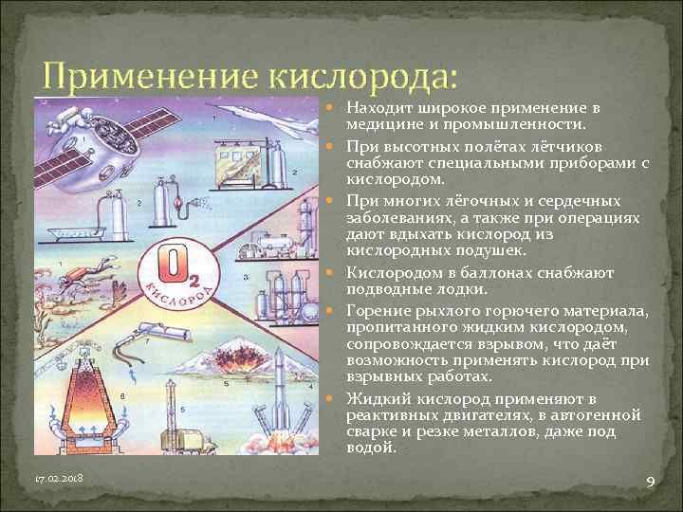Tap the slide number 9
(x=650, y=483)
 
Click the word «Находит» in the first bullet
(x=377, y=108)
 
